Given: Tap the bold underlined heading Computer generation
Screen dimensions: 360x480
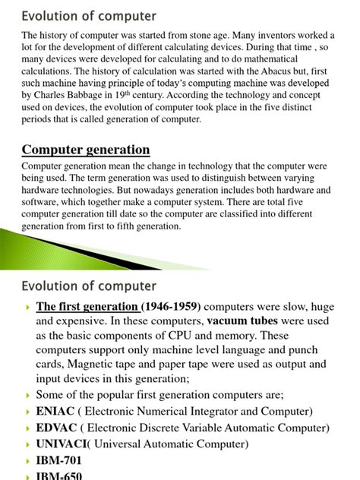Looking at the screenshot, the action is tap(86, 150).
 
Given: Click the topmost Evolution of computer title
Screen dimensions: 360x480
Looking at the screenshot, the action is tap(89, 15).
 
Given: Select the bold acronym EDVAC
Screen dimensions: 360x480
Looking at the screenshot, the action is tap(56, 428).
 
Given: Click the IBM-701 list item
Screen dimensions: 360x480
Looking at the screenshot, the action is tap(58, 461).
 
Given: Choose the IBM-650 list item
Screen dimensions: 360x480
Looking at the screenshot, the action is tap(58, 475).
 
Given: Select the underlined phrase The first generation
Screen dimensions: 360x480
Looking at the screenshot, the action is tap(87, 307).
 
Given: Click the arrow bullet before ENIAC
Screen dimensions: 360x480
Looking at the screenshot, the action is tap(27, 412).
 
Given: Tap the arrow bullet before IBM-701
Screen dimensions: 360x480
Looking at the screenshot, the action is tap(27, 461).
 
